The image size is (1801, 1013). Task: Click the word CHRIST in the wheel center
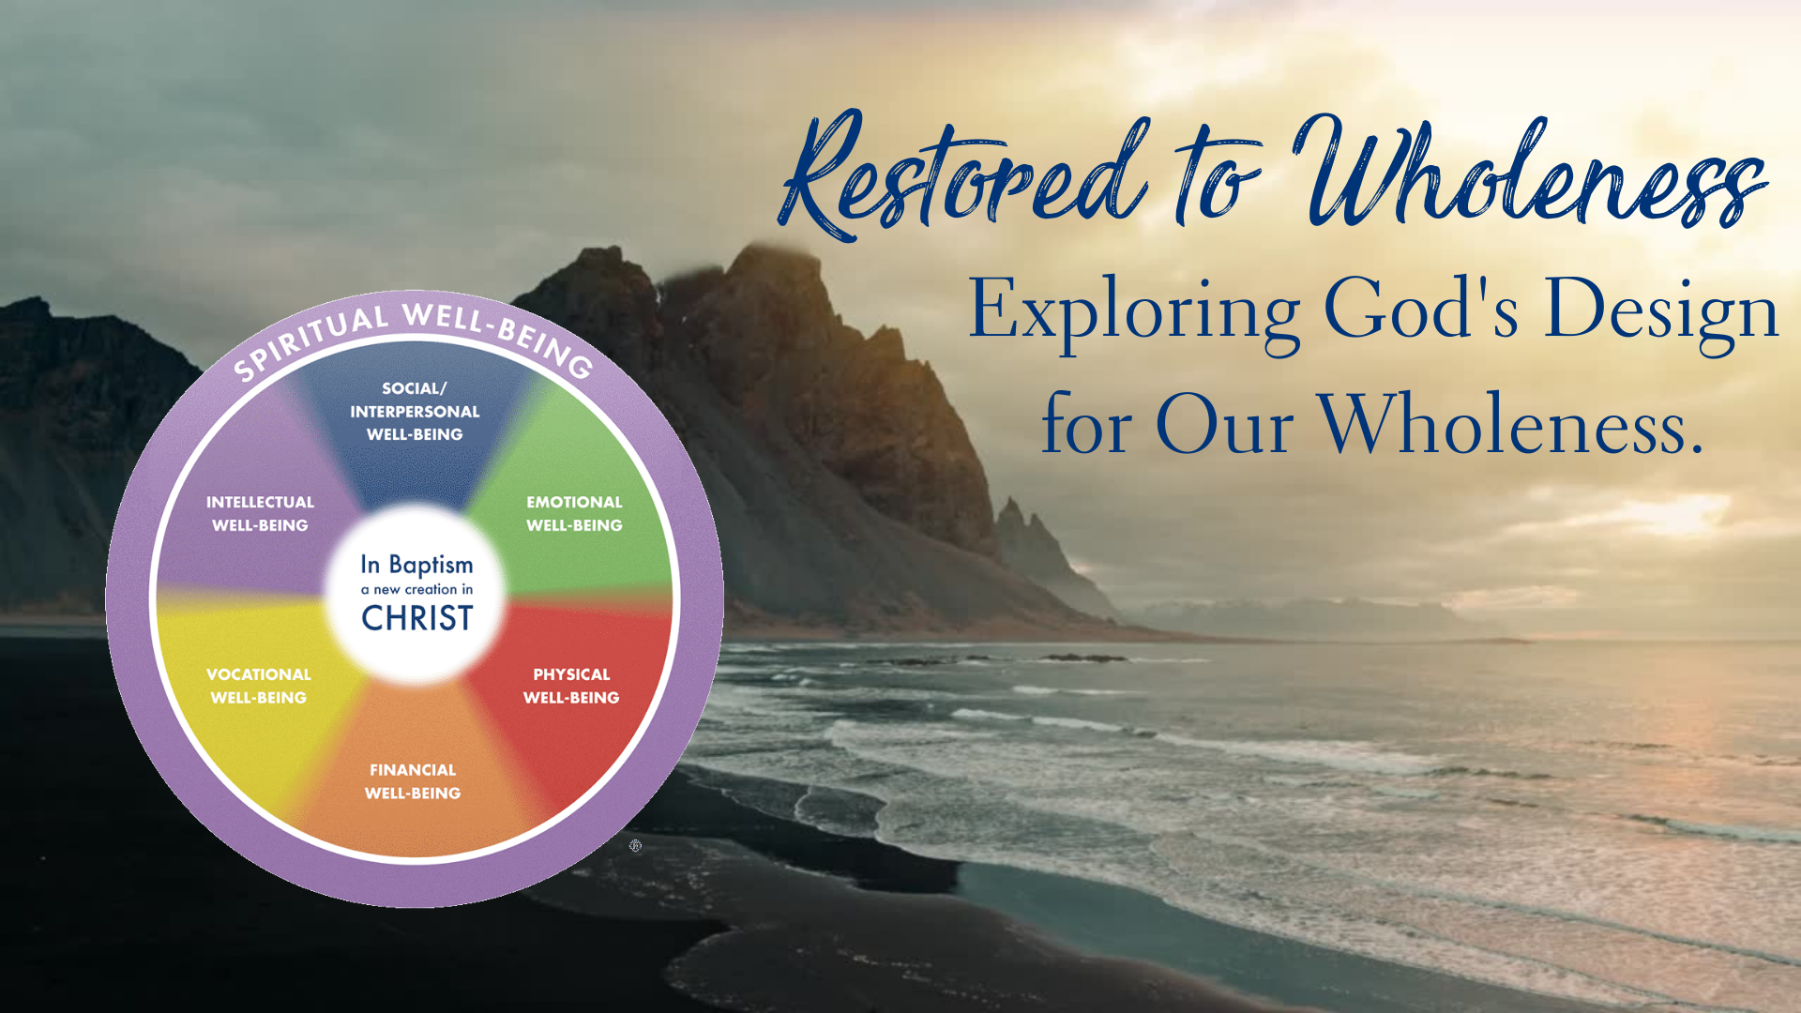point(417,618)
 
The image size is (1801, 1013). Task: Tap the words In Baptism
point(416,564)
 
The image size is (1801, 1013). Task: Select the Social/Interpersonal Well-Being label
point(415,411)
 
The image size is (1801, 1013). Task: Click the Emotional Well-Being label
point(574,514)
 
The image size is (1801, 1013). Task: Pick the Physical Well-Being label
point(571,686)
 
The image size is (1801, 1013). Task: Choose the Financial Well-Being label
point(413,781)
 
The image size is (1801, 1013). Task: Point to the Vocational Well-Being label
point(259,686)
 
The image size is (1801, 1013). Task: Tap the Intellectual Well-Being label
point(260,514)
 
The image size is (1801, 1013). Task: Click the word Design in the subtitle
point(1661,312)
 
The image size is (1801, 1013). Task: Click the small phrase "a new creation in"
point(416,590)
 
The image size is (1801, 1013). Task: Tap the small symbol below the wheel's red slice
point(635,846)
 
